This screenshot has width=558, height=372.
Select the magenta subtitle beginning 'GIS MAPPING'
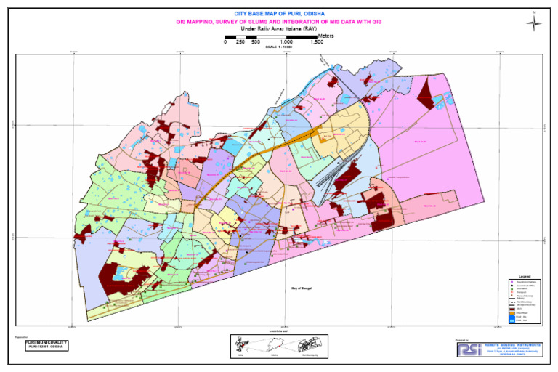(x=279, y=23)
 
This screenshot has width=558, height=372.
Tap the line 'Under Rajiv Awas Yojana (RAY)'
(x=279, y=29)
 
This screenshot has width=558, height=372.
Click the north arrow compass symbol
(x=534, y=22)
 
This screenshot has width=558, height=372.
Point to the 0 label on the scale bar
(x=225, y=42)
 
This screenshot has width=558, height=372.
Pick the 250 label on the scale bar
(x=240, y=42)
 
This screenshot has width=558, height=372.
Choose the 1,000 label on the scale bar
(x=286, y=42)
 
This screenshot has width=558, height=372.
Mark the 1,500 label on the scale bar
(x=317, y=42)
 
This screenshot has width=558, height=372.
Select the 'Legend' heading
(x=525, y=277)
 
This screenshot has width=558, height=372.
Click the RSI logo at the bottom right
(x=467, y=349)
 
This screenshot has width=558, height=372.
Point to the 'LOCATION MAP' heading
(x=279, y=331)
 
